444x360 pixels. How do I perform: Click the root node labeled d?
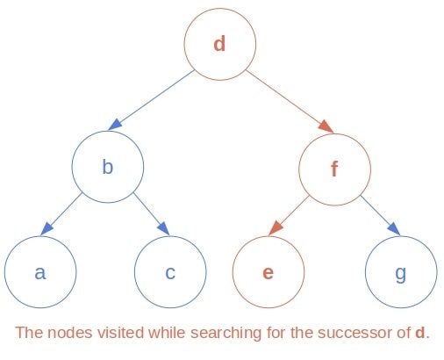tap(219, 43)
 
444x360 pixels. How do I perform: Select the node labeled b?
tap(107, 166)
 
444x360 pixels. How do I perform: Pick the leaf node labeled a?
tap(39, 271)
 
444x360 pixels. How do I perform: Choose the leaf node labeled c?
tap(169, 271)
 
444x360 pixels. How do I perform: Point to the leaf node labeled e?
tap(269, 271)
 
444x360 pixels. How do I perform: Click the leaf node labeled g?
tap(400, 271)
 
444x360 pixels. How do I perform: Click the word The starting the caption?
tap(28, 334)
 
